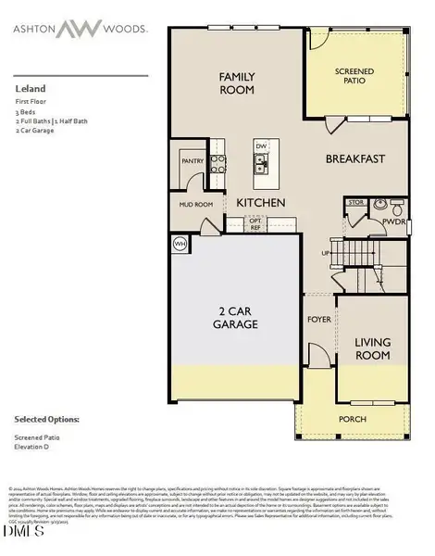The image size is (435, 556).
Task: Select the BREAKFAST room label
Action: click(354, 158)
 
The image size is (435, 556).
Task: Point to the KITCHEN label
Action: click(260, 202)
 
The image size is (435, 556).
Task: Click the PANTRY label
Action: click(192, 160)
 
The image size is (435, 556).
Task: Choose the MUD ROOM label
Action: click(183, 205)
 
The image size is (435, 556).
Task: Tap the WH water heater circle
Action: click(179, 244)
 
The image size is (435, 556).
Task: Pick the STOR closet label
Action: click(355, 201)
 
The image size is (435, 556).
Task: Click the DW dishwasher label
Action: click(261, 146)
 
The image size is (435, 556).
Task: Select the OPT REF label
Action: click(255, 223)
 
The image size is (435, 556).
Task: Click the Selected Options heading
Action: click(45, 418)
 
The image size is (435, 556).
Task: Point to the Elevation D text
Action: click(33, 448)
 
